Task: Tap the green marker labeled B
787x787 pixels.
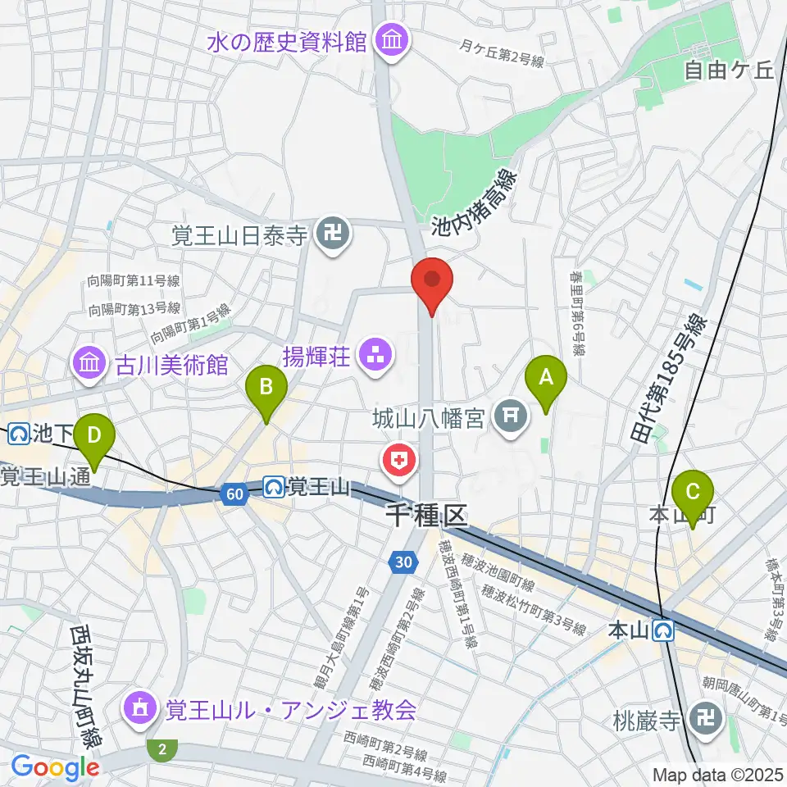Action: (266, 384)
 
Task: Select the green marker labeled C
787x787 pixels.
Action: (693, 492)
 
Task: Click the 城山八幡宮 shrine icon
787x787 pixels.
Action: (510, 417)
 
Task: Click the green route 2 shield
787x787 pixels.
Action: (161, 748)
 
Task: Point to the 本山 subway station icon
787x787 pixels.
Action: (664, 630)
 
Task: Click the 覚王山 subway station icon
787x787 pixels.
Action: (274, 487)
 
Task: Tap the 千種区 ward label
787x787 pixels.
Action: (425, 515)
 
